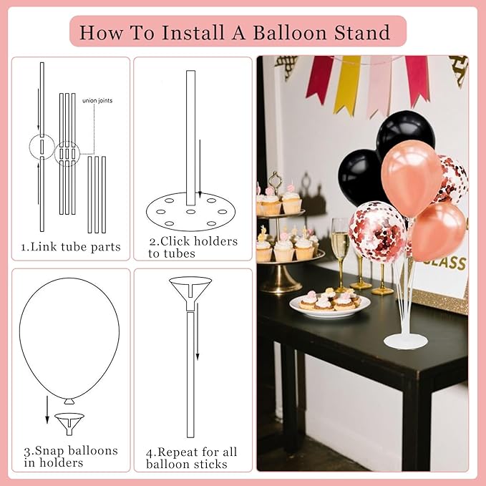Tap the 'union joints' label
coord(97,100)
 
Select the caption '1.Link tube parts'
coord(71,247)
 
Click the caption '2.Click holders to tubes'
coord(193,247)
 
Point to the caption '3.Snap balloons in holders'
coord(70,457)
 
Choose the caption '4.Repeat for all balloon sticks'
coord(192,457)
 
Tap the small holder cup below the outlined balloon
coord(69,422)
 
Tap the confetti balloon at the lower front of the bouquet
coord(377,231)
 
